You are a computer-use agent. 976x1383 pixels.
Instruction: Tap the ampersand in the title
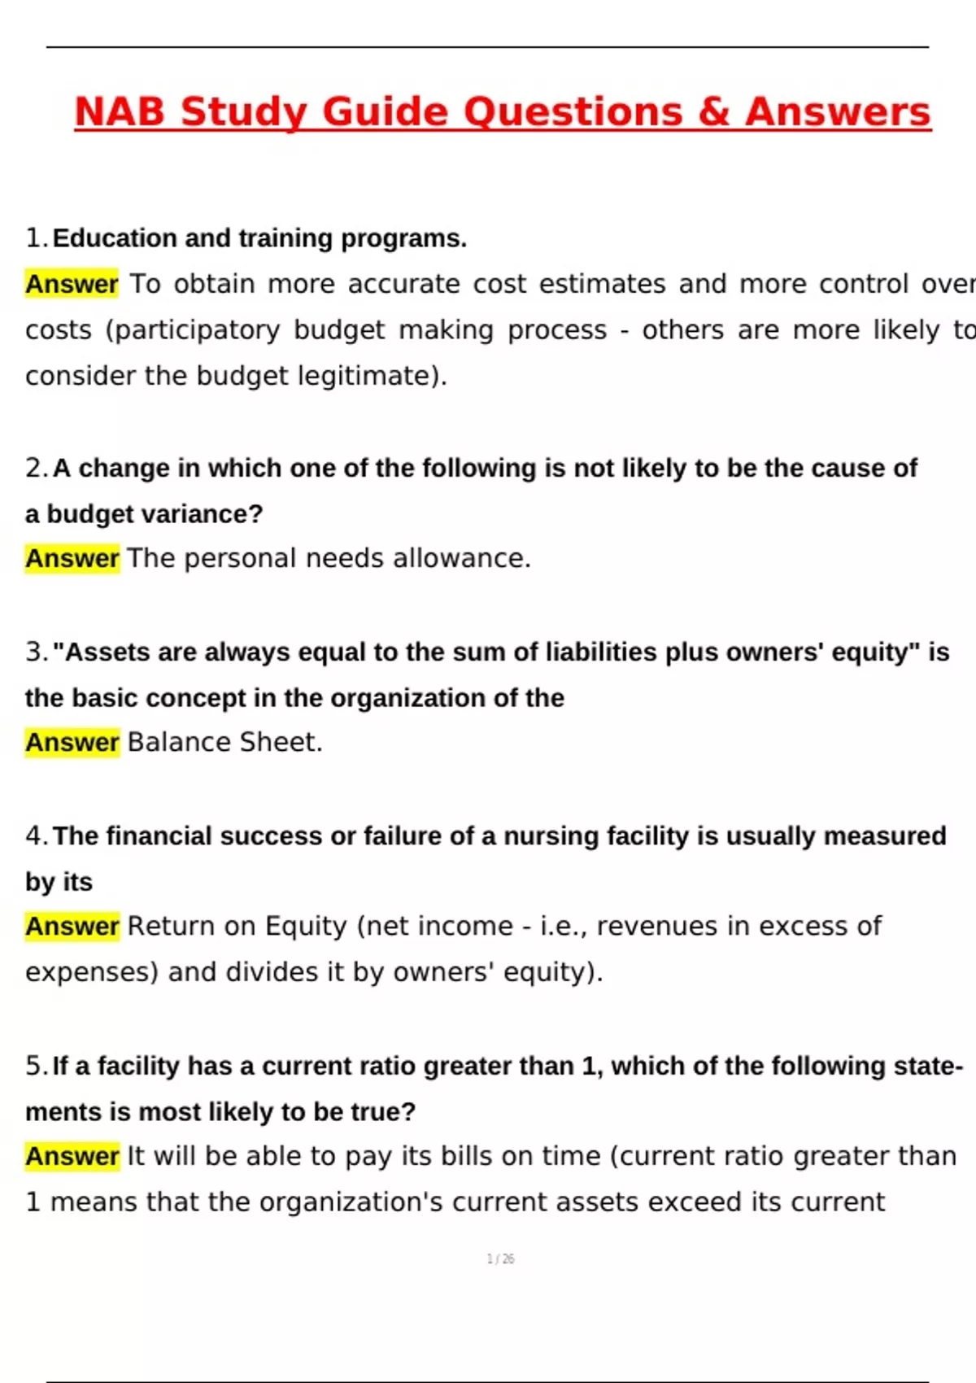(713, 112)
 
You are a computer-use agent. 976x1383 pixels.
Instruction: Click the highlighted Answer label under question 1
(72, 284)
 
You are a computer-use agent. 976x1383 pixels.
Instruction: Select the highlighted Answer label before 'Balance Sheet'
(72, 742)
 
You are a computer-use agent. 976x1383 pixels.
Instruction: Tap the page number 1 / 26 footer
(500, 1259)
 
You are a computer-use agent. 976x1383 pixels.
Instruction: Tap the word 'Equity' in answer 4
(307, 926)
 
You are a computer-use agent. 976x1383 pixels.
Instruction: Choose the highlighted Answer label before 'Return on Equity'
(72, 926)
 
